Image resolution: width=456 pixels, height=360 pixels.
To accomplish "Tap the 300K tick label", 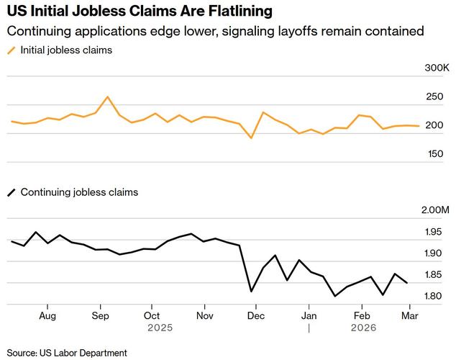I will point(437,68).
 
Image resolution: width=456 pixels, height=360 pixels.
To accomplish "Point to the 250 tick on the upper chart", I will point(434,97).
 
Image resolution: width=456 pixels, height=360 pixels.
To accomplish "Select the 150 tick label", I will point(434,154).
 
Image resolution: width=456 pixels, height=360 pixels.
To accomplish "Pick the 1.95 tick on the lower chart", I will point(433,232).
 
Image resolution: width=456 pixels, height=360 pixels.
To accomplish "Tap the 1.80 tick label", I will point(433,296).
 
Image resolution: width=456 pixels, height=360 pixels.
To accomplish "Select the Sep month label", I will point(100,315).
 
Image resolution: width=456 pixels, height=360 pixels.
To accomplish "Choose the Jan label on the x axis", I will point(309,315).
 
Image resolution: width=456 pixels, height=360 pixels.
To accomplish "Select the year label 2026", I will point(362,327).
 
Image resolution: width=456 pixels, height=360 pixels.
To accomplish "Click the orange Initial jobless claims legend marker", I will point(10,50).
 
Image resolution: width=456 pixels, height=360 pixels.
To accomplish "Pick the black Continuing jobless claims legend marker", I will point(10,192).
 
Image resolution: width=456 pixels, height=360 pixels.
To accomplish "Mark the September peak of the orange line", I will point(107,96).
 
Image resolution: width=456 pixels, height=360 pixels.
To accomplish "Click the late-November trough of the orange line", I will point(251,138).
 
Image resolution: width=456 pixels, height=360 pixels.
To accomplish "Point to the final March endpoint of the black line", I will point(407,283).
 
